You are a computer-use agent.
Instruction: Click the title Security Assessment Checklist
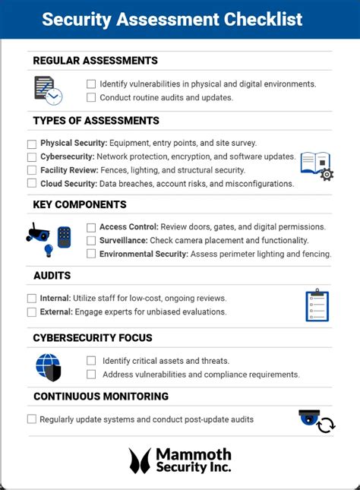click(172, 19)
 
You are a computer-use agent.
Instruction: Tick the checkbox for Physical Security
click(32, 144)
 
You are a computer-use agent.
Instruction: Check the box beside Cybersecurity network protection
click(32, 157)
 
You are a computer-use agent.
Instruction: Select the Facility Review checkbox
click(32, 170)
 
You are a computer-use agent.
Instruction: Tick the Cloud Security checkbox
click(32, 184)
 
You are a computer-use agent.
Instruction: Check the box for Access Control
click(91, 227)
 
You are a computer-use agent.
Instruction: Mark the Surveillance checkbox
click(91, 241)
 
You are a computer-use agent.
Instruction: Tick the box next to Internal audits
click(32, 299)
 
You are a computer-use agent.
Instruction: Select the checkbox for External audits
click(32, 312)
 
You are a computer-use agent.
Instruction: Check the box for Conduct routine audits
click(91, 97)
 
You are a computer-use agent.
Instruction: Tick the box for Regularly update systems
click(32, 419)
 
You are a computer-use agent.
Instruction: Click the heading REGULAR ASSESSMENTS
click(96, 61)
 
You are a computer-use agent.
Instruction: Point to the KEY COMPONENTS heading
click(80, 204)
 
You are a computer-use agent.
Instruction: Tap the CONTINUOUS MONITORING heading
click(101, 396)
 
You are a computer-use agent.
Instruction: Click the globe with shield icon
click(49, 367)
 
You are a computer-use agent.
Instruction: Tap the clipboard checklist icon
click(317, 305)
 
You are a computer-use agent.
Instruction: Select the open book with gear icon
click(316, 165)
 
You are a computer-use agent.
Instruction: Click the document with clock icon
click(48, 90)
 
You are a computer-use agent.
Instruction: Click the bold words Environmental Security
click(144, 254)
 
